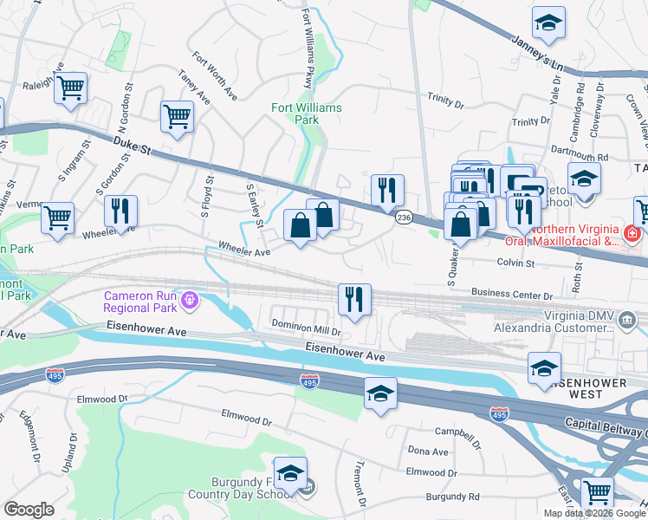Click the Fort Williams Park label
tap(306, 114)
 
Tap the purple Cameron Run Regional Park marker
tap(190, 301)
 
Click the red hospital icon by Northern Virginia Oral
tap(632, 234)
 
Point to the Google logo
tap(29, 510)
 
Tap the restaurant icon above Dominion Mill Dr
tap(354, 298)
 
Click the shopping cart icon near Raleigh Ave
tap(70, 87)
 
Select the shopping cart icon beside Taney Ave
tap(177, 115)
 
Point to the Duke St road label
tap(133, 145)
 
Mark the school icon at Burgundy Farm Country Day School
tap(290, 472)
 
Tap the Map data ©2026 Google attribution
tap(594, 513)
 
